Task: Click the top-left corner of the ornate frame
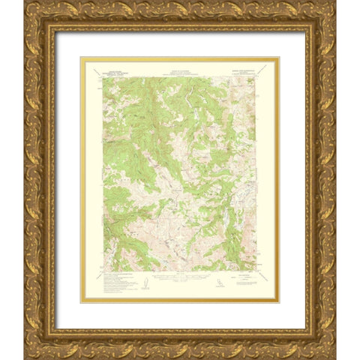(x=25, y=2)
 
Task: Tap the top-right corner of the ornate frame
(x=335, y=2)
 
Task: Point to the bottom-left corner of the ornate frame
(x=25, y=358)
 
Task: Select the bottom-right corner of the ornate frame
(x=335, y=358)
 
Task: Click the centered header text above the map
(x=179, y=67)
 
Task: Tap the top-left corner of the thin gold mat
(x=80, y=57)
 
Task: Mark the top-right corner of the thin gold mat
(x=279, y=57)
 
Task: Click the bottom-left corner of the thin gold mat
(x=80, y=302)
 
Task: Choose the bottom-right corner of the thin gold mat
(x=279, y=302)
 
